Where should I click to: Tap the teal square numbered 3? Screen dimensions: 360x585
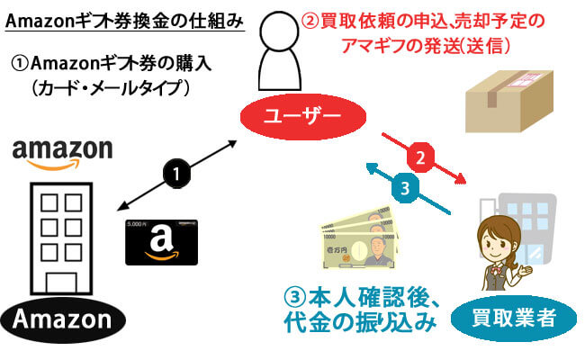[404, 187]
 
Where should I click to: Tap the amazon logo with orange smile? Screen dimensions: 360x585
[62, 152]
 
